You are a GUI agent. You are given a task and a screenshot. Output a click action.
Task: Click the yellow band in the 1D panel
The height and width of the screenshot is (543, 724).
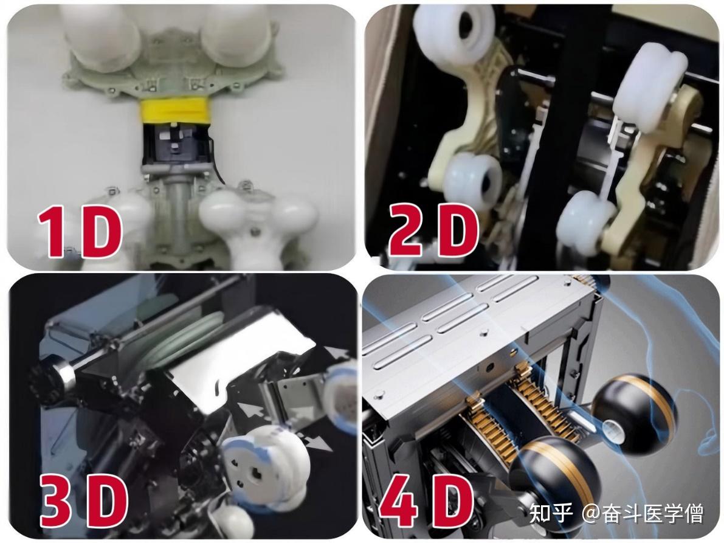tap(175, 112)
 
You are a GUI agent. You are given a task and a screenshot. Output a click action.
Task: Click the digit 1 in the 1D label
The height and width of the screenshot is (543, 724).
tap(51, 230)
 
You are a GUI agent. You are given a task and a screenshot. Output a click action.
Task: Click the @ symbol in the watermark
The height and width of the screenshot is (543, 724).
tap(591, 514)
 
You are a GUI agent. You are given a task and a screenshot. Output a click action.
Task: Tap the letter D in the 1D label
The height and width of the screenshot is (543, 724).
tap(101, 230)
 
